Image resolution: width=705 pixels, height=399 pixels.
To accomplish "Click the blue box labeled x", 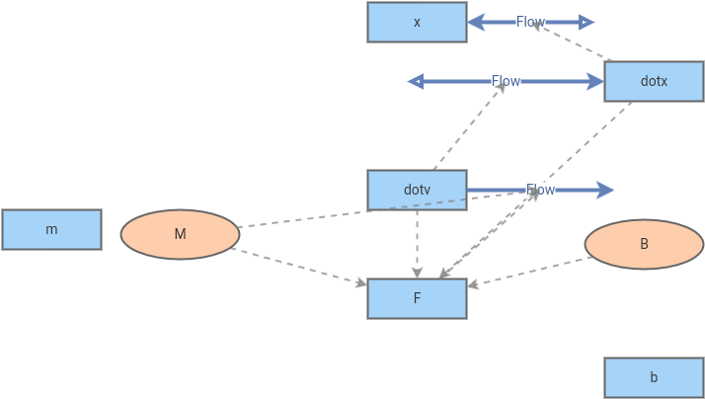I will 417,22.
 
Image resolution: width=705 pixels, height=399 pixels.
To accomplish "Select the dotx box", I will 654,81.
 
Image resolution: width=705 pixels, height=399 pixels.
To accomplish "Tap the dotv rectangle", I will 417,190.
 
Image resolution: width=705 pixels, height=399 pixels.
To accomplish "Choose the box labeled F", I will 417,298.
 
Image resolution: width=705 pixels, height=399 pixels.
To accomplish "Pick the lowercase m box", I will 51,229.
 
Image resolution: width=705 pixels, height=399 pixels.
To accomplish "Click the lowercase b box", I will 654,377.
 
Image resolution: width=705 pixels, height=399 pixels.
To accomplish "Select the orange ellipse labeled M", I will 180,234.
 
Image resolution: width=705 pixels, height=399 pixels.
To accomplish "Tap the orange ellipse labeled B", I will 644,244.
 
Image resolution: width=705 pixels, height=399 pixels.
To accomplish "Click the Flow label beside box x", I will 530,22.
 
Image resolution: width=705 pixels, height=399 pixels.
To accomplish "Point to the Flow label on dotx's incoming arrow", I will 506,81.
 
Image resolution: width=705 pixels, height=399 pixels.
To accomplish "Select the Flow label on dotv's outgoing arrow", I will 540,190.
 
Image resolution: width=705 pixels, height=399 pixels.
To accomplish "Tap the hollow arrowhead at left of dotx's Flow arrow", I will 416,81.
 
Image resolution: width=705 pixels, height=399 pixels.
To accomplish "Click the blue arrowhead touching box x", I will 475,22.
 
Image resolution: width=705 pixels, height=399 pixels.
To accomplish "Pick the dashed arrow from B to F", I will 530,273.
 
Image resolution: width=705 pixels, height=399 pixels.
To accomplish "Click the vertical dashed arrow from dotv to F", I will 417,242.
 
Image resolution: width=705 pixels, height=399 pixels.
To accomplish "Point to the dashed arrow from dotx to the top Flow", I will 573,42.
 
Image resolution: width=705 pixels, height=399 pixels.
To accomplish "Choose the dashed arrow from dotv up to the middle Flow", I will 469,125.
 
